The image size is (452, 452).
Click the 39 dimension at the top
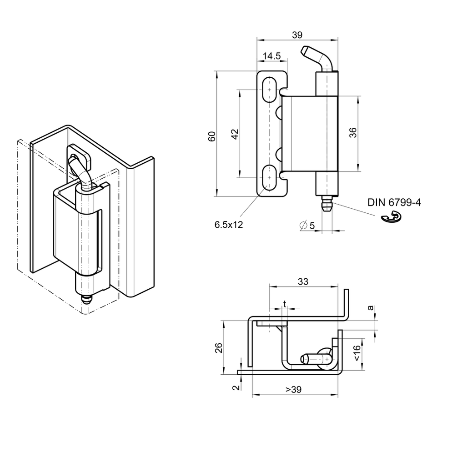(x=297, y=35)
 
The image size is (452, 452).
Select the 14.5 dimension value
(x=272, y=56)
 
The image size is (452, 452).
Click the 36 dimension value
(x=353, y=133)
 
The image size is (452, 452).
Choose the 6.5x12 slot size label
(x=229, y=224)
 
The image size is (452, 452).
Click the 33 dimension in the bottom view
(x=303, y=281)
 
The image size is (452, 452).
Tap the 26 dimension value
(x=219, y=347)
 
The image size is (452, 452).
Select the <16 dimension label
(x=357, y=353)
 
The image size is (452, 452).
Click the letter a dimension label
(x=370, y=307)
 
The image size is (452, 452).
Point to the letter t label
(x=285, y=303)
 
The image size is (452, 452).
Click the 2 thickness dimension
(x=235, y=387)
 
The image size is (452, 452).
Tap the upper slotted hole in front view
(x=269, y=90)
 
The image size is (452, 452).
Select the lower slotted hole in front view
(x=269, y=178)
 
